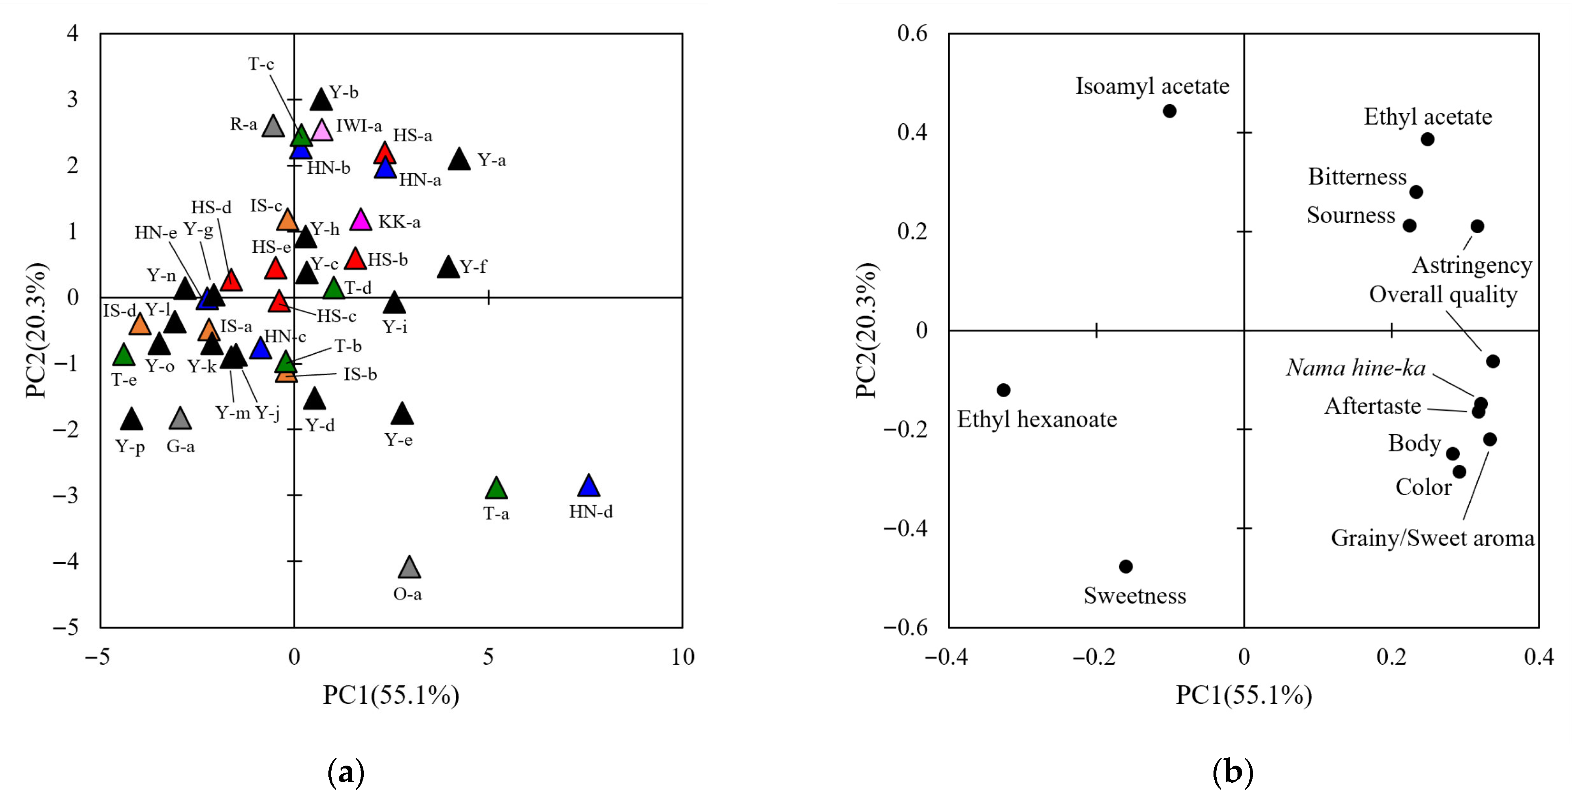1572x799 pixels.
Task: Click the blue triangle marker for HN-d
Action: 588,486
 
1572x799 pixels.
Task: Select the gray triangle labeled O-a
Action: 409,568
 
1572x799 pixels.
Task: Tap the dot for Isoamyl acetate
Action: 1169,111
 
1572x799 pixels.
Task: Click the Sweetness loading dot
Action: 1126,567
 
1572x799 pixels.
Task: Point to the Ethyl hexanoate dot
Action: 1003,390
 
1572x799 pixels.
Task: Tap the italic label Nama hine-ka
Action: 1356,368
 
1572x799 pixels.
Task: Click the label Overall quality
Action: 1443,295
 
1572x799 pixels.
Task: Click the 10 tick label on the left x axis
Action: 682,657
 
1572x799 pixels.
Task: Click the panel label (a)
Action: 346,772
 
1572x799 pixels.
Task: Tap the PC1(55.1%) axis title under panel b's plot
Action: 1244,695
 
